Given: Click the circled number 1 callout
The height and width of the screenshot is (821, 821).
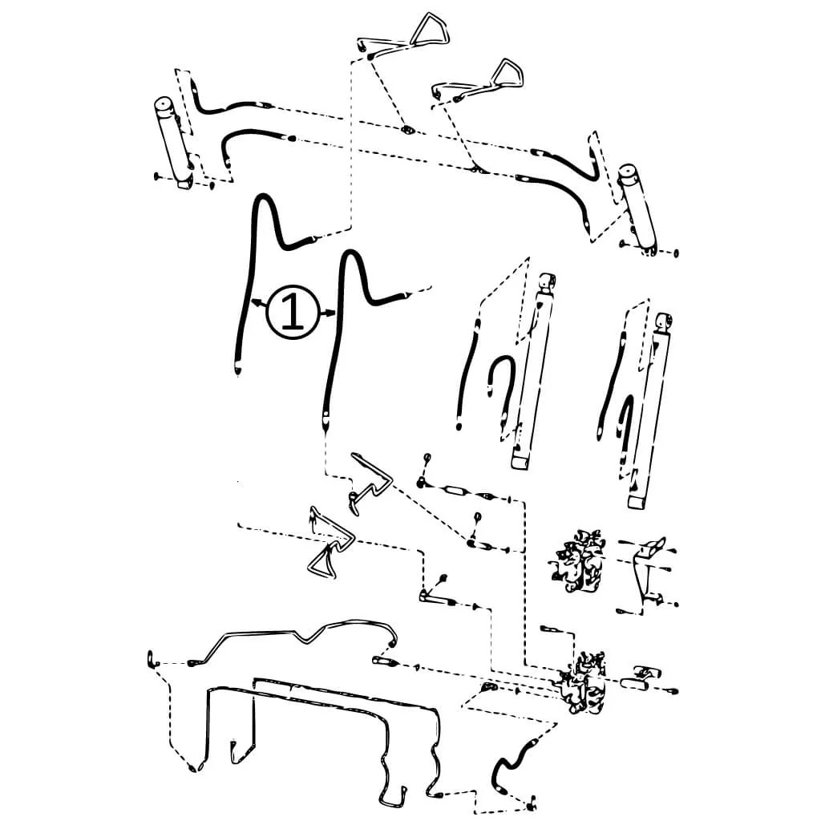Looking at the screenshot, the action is coord(293,313).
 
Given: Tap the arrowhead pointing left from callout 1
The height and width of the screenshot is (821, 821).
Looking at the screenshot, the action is coord(256,302).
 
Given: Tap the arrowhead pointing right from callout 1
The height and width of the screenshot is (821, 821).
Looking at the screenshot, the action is coord(330,313).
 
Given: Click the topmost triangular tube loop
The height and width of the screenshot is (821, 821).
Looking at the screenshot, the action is coord(430,29).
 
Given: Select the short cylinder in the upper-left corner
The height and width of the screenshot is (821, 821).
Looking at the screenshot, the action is coord(174,141).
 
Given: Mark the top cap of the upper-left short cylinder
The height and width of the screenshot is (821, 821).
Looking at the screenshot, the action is coord(164,103).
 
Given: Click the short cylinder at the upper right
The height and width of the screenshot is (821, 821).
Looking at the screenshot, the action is coord(637,208).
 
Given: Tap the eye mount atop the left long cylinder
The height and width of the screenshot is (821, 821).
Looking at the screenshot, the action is coord(547,283).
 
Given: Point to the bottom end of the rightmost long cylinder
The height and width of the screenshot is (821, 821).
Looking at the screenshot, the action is coord(637,503).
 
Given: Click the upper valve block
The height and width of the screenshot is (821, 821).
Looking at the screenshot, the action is coord(578,561).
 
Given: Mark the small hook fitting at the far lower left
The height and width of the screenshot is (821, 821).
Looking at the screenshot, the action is coord(152,660).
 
